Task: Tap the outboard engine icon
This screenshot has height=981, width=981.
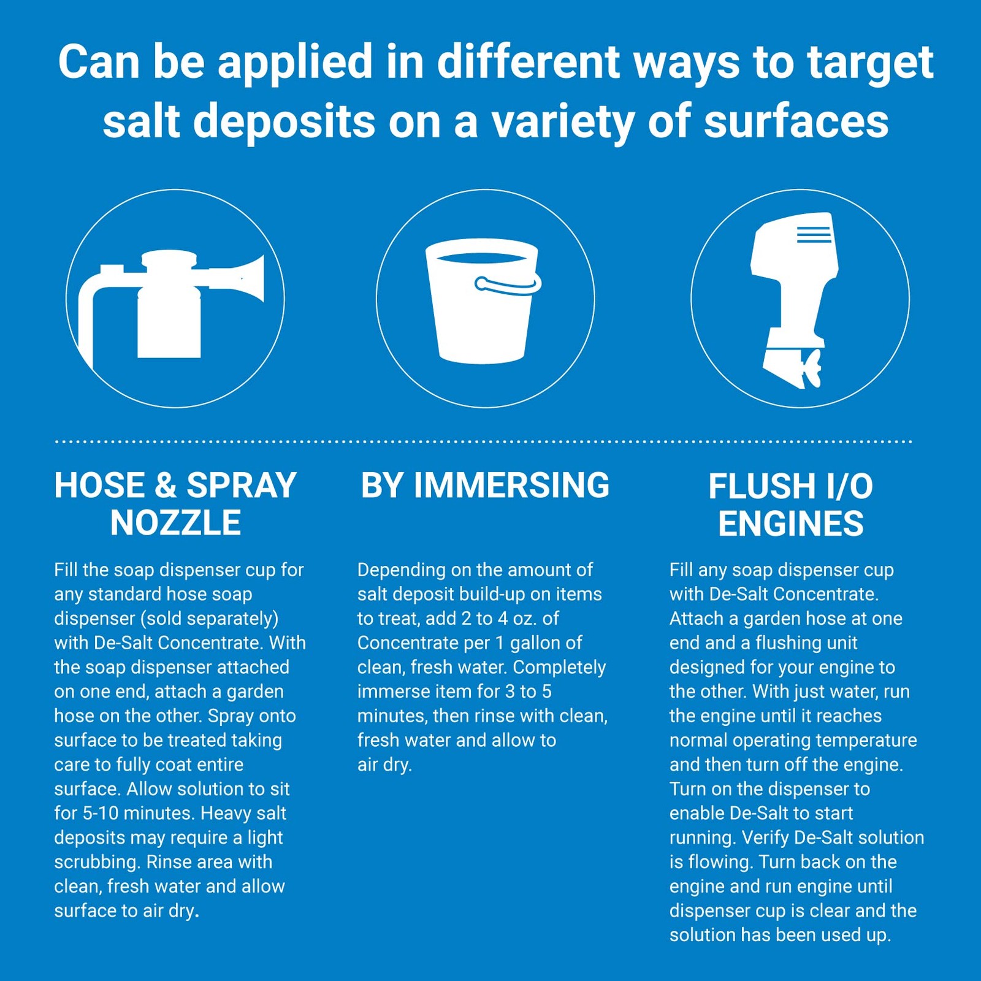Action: pyautogui.click(x=795, y=300)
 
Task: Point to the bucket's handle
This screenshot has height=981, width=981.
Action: pyautogui.click(x=508, y=286)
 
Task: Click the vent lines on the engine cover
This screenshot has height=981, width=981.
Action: pyautogui.click(x=814, y=235)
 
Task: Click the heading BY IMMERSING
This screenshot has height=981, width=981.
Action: pyautogui.click(x=485, y=486)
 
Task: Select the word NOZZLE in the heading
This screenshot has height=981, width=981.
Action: pyautogui.click(x=175, y=523)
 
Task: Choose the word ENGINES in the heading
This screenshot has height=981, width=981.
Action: pyautogui.click(x=791, y=524)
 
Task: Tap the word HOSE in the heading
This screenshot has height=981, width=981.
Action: pyautogui.click(x=99, y=486)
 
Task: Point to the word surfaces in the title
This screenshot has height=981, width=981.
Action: pyautogui.click(x=796, y=121)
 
